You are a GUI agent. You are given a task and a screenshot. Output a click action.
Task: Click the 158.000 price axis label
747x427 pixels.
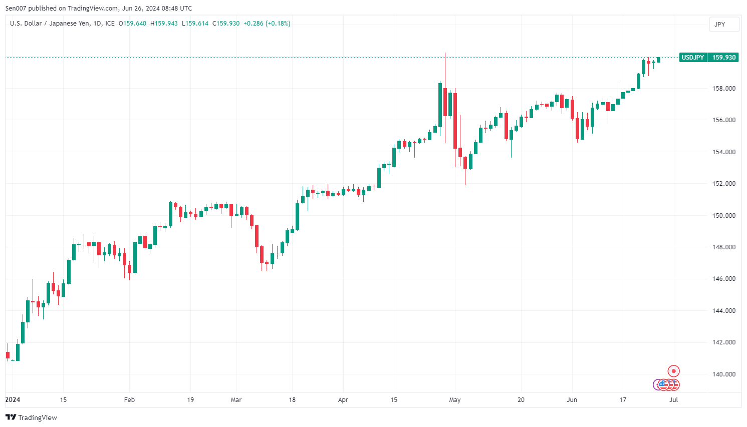723,89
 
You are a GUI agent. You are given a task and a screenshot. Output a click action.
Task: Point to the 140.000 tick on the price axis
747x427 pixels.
723,374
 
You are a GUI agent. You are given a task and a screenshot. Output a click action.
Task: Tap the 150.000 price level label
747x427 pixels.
723,215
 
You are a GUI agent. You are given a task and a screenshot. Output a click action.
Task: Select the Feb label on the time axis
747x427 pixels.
129,399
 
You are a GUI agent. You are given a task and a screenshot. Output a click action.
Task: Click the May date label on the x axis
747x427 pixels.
455,399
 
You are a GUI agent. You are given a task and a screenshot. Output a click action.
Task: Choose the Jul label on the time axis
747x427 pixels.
674,399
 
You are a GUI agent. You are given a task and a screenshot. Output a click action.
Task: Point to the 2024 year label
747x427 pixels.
13,399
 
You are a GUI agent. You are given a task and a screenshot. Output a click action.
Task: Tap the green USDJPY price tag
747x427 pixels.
692,58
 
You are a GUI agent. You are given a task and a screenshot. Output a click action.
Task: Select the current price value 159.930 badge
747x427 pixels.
724,58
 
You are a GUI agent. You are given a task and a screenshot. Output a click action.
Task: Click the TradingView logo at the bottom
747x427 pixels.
32,417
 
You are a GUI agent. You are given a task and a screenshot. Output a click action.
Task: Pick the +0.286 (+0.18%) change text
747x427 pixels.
267,24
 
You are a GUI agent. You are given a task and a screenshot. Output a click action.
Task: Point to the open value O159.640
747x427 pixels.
132,24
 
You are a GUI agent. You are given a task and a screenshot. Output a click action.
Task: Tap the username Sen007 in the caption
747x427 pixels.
16,9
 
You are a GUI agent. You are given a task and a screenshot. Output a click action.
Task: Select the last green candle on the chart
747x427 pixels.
658,60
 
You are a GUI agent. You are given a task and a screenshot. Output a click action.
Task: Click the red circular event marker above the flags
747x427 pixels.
674,371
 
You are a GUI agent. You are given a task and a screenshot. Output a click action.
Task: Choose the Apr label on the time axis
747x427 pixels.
343,399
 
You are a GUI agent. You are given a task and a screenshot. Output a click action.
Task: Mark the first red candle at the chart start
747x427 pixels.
8,355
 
